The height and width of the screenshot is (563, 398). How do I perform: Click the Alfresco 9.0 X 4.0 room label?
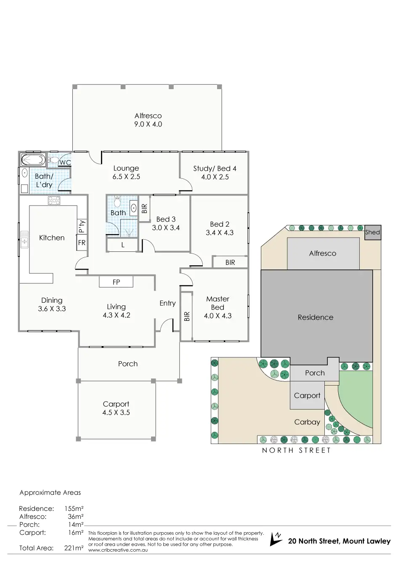point(148,120)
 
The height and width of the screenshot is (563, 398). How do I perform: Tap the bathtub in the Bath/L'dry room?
point(32,160)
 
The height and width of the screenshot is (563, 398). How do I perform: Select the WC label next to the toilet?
point(65,163)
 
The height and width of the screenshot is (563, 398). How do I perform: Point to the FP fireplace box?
point(116,282)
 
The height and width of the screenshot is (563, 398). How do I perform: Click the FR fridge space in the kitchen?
point(82,243)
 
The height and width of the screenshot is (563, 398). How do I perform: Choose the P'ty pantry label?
point(82,227)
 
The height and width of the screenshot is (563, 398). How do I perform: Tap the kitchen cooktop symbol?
point(54,201)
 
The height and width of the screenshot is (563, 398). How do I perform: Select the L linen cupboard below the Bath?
point(123,245)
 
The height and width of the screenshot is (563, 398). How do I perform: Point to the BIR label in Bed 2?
point(230,262)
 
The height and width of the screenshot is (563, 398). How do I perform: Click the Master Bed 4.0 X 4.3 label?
point(218,307)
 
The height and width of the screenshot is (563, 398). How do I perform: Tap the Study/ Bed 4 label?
point(215,172)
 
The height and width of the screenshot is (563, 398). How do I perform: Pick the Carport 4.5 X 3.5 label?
point(116,408)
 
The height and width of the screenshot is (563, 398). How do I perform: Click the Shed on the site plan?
point(372,232)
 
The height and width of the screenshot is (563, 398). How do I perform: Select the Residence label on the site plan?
point(316,317)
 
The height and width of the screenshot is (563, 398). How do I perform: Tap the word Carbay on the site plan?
point(307,422)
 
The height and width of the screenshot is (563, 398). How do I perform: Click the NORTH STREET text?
point(296,450)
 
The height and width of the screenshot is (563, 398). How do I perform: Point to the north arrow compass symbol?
point(276,539)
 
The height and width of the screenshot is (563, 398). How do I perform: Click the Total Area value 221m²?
point(74,548)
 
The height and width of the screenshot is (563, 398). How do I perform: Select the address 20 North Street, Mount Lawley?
point(339,541)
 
